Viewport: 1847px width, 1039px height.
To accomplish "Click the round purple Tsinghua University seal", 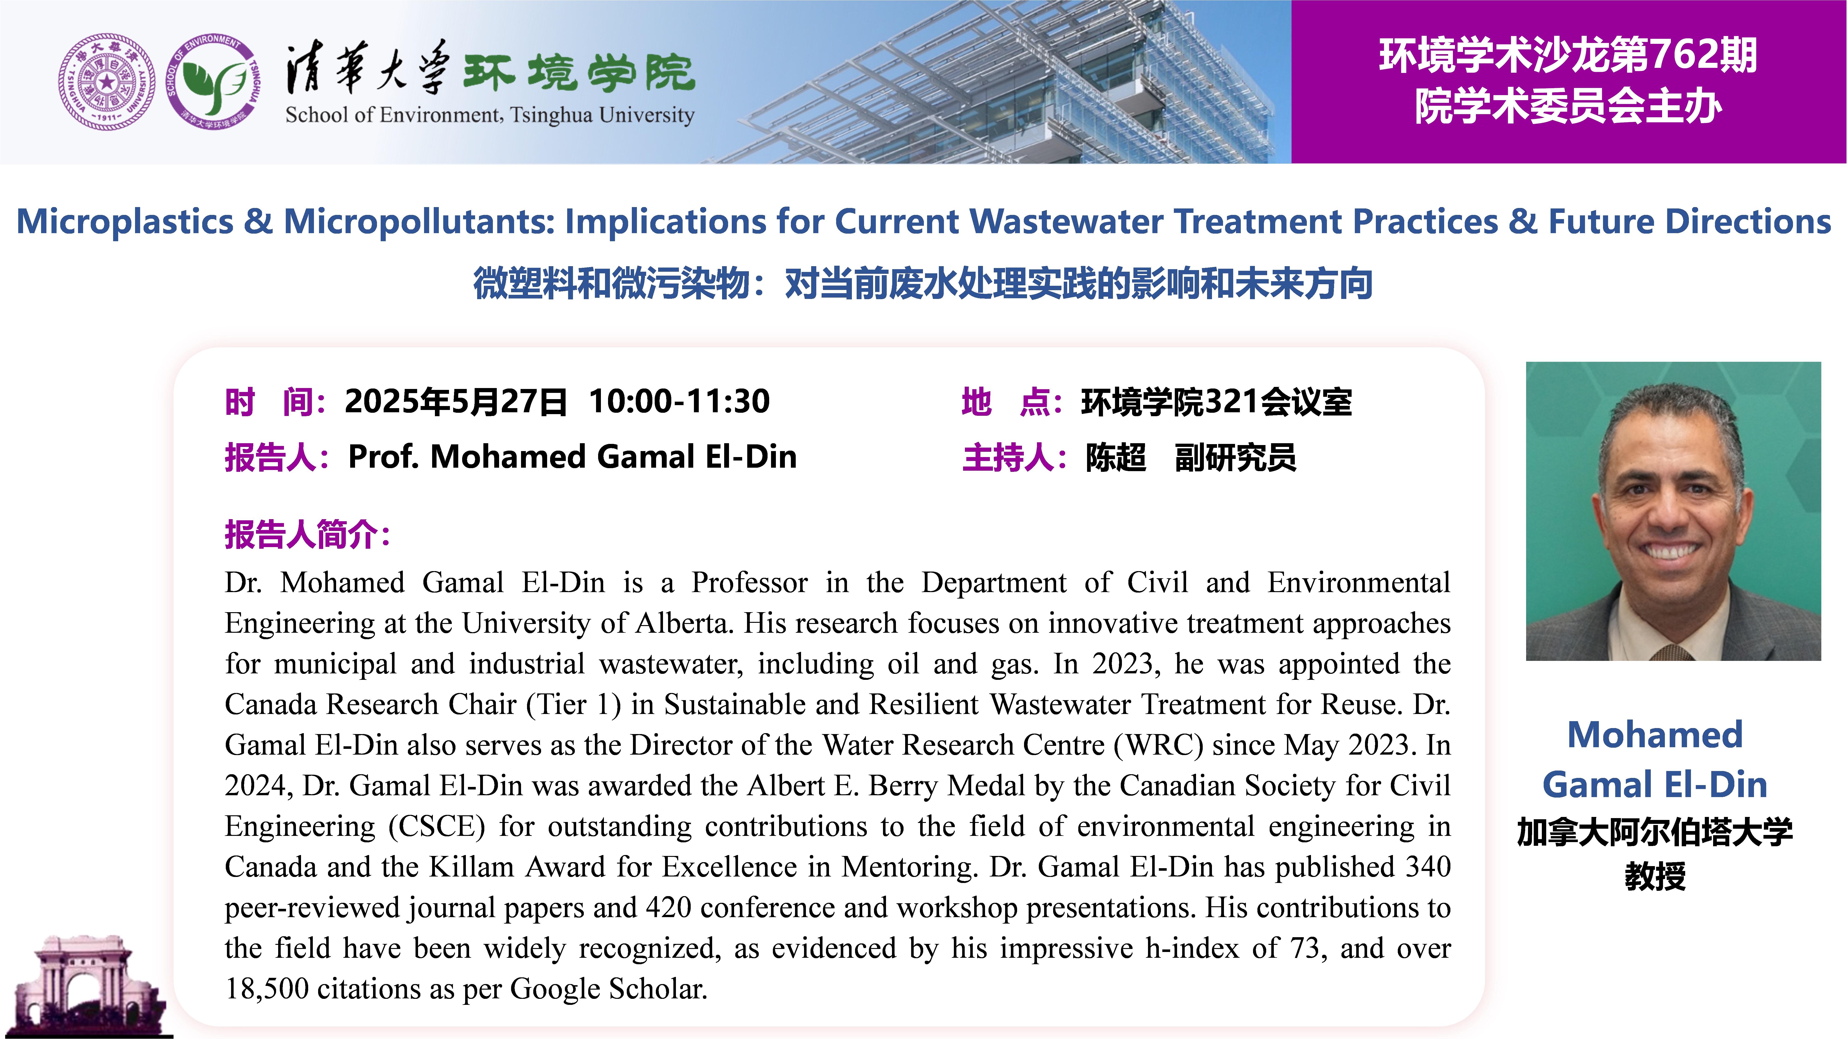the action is click(106, 82).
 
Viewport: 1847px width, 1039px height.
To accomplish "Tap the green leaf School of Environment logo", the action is click(213, 82).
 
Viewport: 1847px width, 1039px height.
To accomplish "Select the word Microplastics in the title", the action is click(126, 222).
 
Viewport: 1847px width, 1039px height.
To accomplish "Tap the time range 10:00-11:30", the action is click(679, 402).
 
